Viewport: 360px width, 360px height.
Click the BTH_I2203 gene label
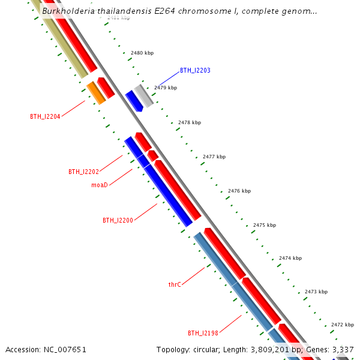pyautogui.click(x=195, y=71)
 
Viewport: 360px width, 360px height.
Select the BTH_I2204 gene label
pyautogui.click(x=45, y=116)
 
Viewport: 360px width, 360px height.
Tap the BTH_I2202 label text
pyautogui.click(x=83, y=172)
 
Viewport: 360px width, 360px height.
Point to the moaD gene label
pyautogui.click(x=100, y=185)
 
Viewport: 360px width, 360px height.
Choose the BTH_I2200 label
pyautogui.click(x=118, y=220)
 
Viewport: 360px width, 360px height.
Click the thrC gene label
pyautogui.click(x=175, y=284)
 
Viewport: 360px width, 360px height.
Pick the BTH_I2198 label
pyautogui.click(x=203, y=333)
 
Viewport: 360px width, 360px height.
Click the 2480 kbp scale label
pyautogui.click(x=142, y=53)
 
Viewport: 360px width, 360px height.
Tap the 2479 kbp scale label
pyautogui.click(x=166, y=88)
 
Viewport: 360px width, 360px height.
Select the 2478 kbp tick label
pyautogui.click(x=190, y=122)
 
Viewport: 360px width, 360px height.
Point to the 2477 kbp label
pyautogui.click(x=214, y=157)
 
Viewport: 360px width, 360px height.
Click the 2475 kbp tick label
pyautogui.click(x=265, y=225)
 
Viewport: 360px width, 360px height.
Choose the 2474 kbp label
pyautogui.click(x=290, y=258)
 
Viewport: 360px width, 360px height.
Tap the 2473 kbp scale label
pyautogui.click(x=316, y=292)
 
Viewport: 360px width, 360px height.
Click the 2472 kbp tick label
pyautogui.click(x=343, y=324)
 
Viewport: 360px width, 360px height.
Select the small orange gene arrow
pyautogui.click(x=96, y=93)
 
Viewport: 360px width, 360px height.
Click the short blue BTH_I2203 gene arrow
pyautogui.click(x=133, y=101)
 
